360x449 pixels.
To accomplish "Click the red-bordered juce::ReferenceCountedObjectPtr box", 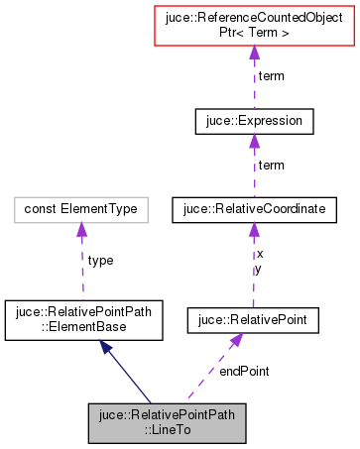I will pos(255,26).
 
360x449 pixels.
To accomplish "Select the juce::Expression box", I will pos(255,121).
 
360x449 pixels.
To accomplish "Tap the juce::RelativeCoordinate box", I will pos(253,209).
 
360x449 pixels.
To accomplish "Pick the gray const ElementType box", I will pos(81,209).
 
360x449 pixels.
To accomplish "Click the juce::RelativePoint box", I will pos(253,319).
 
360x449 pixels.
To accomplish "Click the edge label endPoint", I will pos(244,370).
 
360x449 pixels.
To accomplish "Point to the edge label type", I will pos(100,260).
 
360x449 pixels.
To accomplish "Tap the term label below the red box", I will pos(270,76).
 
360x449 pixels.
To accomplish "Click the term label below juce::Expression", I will pos(270,165).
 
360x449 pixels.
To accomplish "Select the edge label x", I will pos(260,254).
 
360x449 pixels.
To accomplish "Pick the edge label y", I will pos(260,268).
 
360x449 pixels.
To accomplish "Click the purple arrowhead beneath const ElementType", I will pos(81,230).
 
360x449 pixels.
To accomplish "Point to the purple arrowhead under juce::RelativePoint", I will pos(235,341).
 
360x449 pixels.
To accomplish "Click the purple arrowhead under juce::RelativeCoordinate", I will pos(254,230).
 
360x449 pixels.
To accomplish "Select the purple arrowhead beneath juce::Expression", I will pos(255,142).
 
